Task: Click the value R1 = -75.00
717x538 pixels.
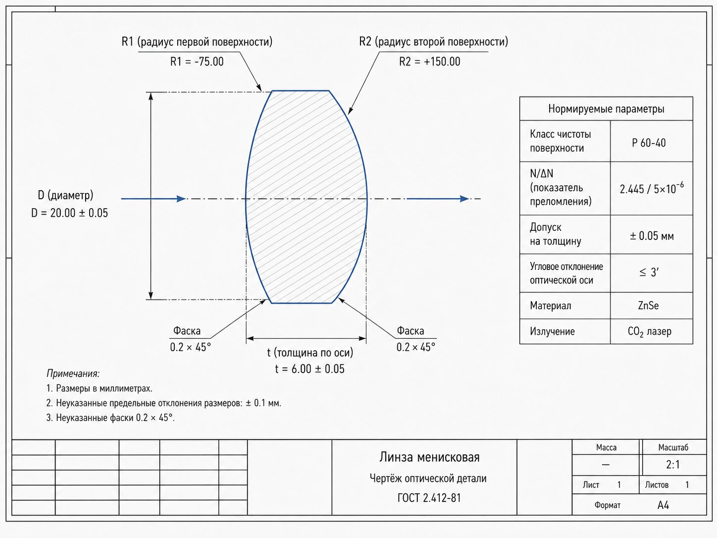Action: tap(197, 62)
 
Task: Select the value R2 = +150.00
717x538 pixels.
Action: tap(429, 62)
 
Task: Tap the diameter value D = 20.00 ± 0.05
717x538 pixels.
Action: tap(69, 213)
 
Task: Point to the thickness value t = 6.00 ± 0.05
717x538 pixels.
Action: tap(309, 369)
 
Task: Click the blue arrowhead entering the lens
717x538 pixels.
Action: tap(181, 199)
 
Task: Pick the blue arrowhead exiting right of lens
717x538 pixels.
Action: tap(464, 199)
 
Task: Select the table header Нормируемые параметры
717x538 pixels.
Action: tap(606, 109)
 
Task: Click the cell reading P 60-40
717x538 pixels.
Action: tap(649, 143)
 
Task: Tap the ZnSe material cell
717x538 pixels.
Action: tap(648, 306)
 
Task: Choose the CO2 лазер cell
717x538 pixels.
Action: tap(649, 331)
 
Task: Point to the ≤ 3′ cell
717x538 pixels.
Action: tap(649, 272)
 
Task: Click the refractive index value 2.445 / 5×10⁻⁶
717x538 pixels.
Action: tap(652, 188)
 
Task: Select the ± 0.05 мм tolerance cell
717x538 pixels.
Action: tap(652, 235)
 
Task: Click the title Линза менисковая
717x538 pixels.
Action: tap(429, 457)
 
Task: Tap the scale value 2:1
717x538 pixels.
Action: tap(673, 465)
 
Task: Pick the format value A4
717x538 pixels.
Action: tap(663, 505)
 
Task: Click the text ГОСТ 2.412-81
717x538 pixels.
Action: tap(429, 498)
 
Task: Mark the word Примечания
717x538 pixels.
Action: tap(73, 374)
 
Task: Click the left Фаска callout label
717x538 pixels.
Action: tap(187, 330)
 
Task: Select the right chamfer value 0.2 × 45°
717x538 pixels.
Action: tap(416, 347)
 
